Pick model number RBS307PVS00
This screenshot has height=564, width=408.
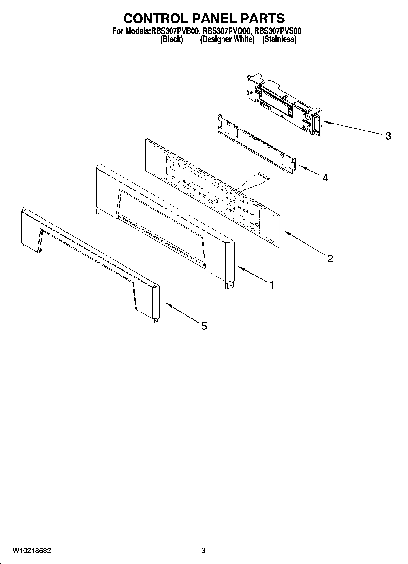[x=278, y=31]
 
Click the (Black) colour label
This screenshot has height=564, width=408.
[x=172, y=39]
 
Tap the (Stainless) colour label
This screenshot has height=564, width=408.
[x=279, y=39]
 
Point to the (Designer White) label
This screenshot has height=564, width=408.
[x=227, y=39]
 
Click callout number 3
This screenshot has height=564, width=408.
[x=388, y=136]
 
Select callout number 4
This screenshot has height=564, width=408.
[x=325, y=178]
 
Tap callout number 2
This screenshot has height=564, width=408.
[x=330, y=259]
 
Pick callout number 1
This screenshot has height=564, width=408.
[x=271, y=285]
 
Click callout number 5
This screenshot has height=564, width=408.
[x=204, y=326]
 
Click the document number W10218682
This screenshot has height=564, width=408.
[x=32, y=551]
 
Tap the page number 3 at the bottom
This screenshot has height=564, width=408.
[x=203, y=551]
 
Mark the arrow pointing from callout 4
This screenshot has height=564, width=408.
[x=309, y=171]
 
